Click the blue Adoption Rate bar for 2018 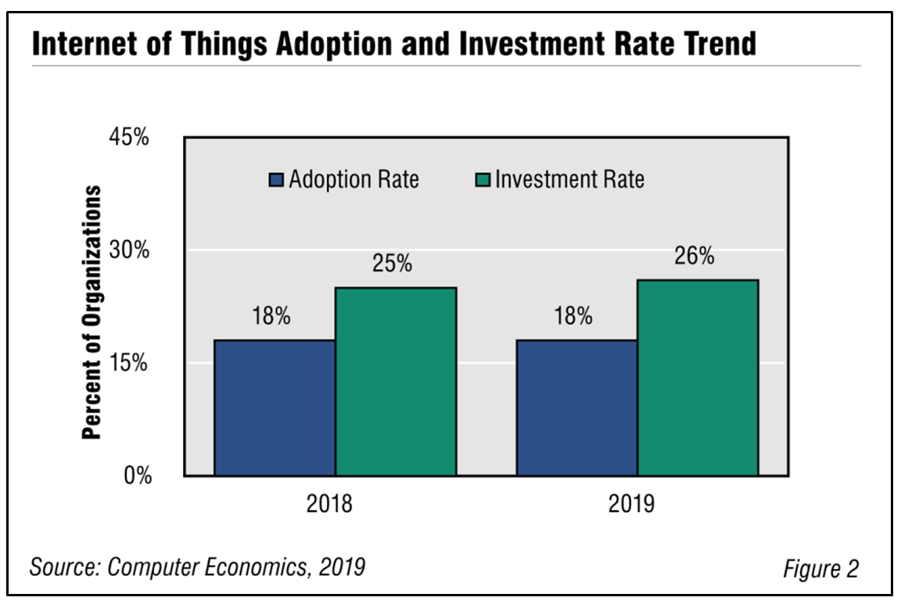[275, 408]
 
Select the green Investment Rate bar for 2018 [396, 381]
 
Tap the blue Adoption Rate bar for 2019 [576, 408]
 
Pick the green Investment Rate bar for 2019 [698, 377]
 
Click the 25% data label [392, 264]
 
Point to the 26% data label [695, 256]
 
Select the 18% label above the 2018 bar [271, 317]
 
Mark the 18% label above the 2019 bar [573, 317]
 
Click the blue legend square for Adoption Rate [277, 180]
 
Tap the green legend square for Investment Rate [482, 180]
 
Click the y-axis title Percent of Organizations [93, 313]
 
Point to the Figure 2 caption [820, 568]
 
